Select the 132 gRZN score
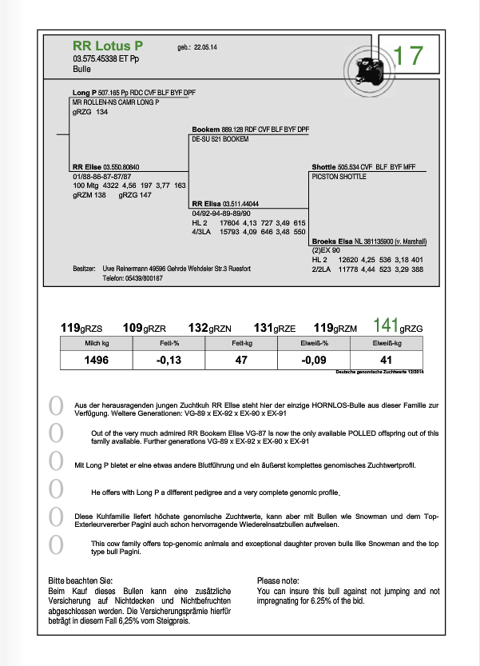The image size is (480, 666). [210, 328]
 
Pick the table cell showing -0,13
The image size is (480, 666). [169, 361]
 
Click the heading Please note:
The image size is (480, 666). [280, 580]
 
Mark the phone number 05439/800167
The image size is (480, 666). [143, 278]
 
